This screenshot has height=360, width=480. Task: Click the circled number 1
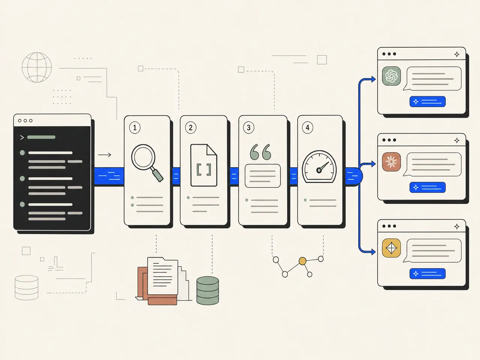135,127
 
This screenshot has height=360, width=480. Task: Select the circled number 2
191,127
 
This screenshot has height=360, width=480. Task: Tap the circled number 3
249,127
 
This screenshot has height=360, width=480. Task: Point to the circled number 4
307,127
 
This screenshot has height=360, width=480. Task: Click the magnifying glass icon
147,163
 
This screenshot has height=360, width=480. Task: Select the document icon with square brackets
204,165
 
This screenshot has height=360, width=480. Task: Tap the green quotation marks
261,152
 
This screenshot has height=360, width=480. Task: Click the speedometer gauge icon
319,167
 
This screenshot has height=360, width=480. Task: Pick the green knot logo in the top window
391,76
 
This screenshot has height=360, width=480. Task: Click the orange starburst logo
391,162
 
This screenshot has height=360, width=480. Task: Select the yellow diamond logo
391,248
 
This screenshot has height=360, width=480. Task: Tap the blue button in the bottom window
427,274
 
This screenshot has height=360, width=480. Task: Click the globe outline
37,67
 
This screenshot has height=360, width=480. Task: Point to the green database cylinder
207,291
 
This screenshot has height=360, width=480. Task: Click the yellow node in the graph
302,261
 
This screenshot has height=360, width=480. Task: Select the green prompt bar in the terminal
41,137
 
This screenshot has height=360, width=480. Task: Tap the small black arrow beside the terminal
105,155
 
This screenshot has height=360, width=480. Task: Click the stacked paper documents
163,281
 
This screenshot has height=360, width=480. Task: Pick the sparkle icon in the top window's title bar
457,54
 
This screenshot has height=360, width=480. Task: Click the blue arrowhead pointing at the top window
373,79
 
